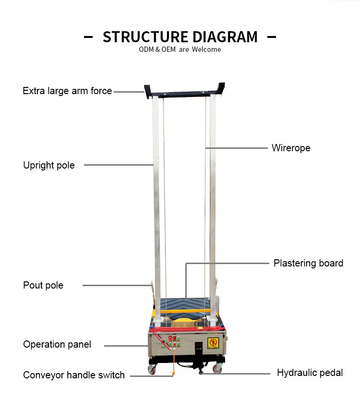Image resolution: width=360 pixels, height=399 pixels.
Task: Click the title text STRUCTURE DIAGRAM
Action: (x=180, y=37)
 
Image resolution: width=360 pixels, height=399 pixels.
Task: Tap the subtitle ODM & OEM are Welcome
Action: (x=180, y=49)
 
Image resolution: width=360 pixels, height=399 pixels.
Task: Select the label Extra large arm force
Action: (x=67, y=91)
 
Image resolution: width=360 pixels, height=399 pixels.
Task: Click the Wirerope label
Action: (x=291, y=148)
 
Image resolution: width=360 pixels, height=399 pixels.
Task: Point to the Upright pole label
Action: (x=49, y=165)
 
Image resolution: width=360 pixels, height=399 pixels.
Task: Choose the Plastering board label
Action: (x=308, y=263)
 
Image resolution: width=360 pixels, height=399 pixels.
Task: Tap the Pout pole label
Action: (x=43, y=285)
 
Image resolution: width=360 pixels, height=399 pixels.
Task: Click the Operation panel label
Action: (x=57, y=344)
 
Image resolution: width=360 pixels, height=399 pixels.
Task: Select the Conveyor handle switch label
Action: (x=74, y=375)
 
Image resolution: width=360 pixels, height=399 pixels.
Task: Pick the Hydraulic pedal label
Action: (x=310, y=373)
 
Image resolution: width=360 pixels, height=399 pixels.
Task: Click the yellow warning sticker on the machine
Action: (x=213, y=342)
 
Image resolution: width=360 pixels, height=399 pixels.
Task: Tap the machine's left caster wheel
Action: (x=152, y=370)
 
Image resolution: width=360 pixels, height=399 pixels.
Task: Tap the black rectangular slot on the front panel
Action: (x=198, y=349)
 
